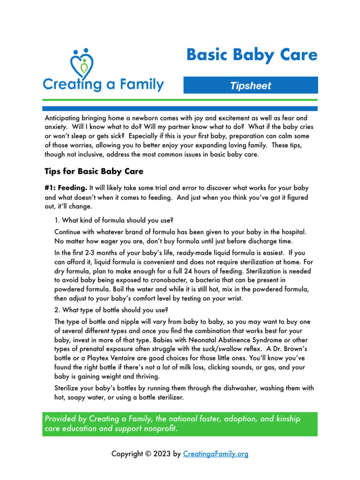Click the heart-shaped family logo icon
82,64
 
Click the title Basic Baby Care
252,54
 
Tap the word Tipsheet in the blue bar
250,86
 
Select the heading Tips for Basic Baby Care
94,171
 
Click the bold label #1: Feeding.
66,187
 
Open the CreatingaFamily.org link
216,454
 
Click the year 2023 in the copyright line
161,454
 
